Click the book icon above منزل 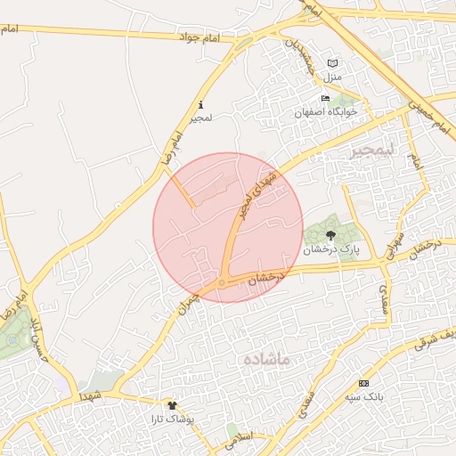click(332, 64)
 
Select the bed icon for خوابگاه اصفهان click(325, 99)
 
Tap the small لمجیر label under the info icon click(200, 118)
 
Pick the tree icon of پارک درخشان click(330, 235)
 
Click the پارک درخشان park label click(331, 250)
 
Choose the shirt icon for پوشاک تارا click(172, 404)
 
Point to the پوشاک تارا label click(174, 418)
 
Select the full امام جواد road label click(199, 37)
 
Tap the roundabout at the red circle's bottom click(222, 283)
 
